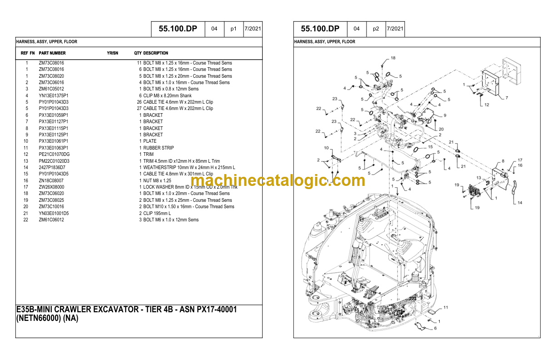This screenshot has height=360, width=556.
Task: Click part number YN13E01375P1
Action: point(53,95)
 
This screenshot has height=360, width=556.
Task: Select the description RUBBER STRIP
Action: point(159,148)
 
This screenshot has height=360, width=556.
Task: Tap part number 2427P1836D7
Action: point(52,167)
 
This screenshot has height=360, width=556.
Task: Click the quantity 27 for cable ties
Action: point(139,109)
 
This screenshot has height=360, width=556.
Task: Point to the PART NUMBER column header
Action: point(52,53)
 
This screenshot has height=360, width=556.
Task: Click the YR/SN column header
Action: point(113,53)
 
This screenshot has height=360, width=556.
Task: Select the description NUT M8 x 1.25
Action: point(157,180)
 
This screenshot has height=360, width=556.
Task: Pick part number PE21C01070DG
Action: point(54,154)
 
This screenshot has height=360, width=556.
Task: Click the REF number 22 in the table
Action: point(26,220)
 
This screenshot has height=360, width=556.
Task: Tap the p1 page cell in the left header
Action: point(233,29)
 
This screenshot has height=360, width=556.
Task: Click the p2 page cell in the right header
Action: point(376,29)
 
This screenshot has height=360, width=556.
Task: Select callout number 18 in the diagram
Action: point(393,58)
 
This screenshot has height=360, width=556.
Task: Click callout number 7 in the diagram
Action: point(506,98)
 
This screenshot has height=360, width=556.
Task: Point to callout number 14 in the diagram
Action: point(520,203)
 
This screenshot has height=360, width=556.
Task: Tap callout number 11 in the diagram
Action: point(446,307)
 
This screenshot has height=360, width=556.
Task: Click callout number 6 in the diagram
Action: point(435,328)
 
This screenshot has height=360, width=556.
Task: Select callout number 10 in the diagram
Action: point(326,148)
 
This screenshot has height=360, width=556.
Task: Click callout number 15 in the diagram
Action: point(430,147)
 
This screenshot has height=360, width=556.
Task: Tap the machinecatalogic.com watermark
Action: point(278,180)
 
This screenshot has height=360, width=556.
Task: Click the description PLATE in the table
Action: point(149,141)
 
